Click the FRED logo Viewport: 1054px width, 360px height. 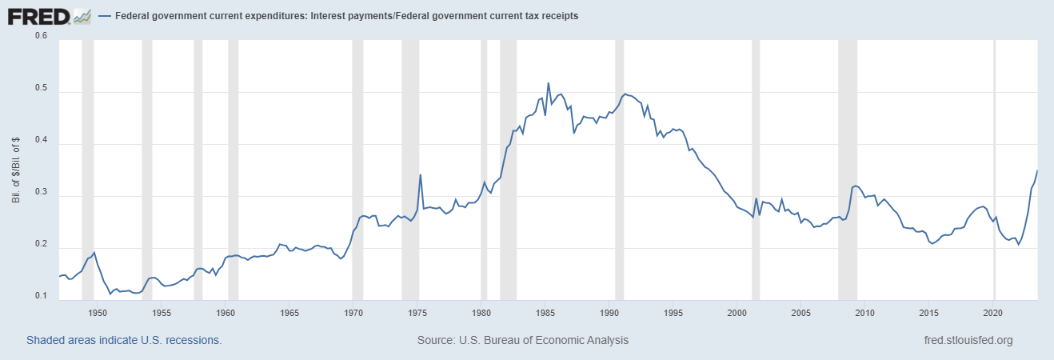click(x=38, y=15)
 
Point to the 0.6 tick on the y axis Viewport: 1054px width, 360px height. click(x=41, y=36)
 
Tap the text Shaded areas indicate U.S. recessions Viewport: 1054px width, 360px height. click(x=124, y=340)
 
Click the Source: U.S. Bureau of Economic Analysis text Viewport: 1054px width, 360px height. click(x=523, y=340)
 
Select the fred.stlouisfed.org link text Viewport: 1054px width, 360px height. click(x=968, y=340)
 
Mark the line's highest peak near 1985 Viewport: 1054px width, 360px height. click(x=548, y=82)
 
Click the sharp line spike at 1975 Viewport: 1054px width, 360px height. click(x=421, y=174)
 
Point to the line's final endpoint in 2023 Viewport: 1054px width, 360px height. click(x=1037, y=170)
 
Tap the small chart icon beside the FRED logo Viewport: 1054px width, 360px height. click(x=82, y=15)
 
